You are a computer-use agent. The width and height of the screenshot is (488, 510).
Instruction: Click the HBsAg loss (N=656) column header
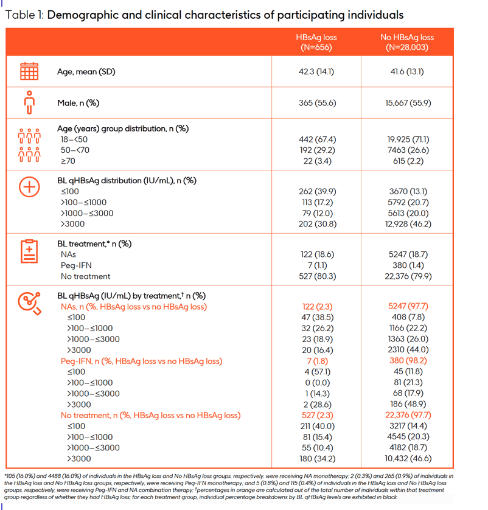pyautogui.click(x=316, y=42)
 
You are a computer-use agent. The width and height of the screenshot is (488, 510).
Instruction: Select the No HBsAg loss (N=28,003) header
pyautogui.click(x=407, y=42)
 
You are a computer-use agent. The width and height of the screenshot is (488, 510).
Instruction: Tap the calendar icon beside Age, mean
pyautogui.click(x=29, y=71)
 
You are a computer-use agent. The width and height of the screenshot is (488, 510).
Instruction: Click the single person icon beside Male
pyautogui.click(x=29, y=102)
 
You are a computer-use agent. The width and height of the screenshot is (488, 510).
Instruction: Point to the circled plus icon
pyautogui.click(x=29, y=187)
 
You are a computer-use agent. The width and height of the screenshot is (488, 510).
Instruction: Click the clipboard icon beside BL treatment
pyautogui.click(x=29, y=251)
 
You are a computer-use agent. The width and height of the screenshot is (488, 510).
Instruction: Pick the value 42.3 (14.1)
pyautogui.click(x=316, y=72)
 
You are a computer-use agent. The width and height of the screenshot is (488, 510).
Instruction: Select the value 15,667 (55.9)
pyautogui.click(x=408, y=103)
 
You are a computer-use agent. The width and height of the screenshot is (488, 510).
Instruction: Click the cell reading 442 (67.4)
pyautogui.click(x=317, y=139)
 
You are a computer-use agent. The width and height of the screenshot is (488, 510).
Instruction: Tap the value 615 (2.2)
pyautogui.click(x=408, y=161)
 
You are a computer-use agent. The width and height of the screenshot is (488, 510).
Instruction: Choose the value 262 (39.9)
pyautogui.click(x=317, y=192)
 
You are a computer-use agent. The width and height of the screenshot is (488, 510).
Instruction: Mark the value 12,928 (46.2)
pyautogui.click(x=408, y=224)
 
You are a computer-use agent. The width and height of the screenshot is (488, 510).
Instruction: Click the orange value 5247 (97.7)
pyautogui.click(x=408, y=306)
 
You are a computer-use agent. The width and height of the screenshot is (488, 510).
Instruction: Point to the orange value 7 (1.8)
pyautogui.click(x=317, y=361)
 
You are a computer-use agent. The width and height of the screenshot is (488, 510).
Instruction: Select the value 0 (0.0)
pyautogui.click(x=317, y=383)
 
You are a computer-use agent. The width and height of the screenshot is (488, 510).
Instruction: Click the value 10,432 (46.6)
pyautogui.click(x=408, y=459)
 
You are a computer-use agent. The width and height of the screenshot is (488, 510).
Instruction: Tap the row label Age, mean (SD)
pyautogui.click(x=86, y=72)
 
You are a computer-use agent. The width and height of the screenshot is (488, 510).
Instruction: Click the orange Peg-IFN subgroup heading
pyautogui.click(x=141, y=362)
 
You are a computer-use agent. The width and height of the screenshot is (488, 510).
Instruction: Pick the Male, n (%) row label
pyautogui.click(x=78, y=103)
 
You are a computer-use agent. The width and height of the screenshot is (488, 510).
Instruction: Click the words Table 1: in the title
pyautogui.click(x=24, y=15)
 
